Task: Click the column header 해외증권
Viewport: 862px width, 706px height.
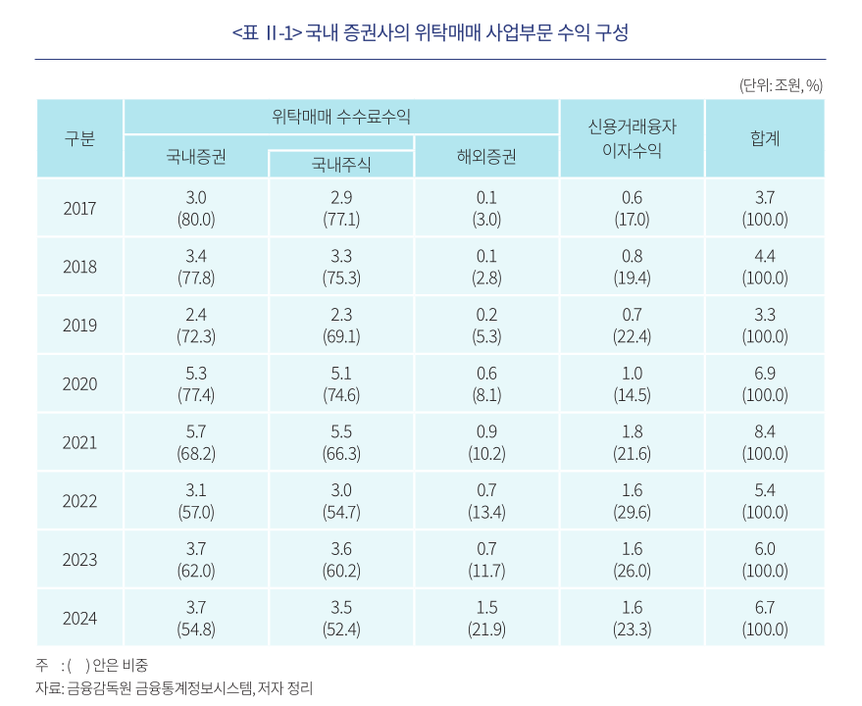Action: click(486, 156)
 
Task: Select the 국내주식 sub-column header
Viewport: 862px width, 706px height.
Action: click(340, 165)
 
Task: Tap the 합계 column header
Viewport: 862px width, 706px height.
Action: click(764, 138)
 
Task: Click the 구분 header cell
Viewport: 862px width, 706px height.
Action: click(79, 138)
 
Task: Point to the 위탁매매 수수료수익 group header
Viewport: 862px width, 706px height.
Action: click(340, 117)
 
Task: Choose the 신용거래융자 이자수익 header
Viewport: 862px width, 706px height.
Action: click(632, 138)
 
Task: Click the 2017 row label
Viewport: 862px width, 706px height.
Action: click(79, 208)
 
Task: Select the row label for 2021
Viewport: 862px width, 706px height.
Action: click(79, 442)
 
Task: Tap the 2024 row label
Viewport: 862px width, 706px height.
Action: click(79, 618)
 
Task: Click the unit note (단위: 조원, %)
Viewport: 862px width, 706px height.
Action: click(781, 85)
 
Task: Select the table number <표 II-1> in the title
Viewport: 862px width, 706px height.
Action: click(266, 32)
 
